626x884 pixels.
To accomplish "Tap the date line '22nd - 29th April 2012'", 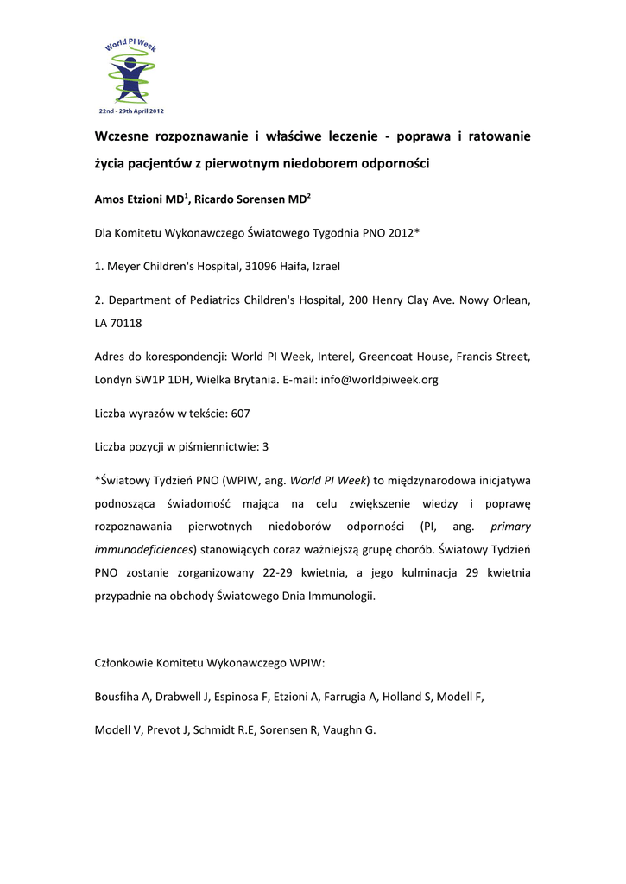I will pyautogui.click(x=130, y=111).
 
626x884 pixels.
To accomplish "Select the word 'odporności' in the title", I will pyautogui.click(x=394, y=162).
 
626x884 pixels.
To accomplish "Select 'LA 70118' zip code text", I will pyautogui.click(x=118, y=324).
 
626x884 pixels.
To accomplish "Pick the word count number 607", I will pyautogui.click(x=241, y=414).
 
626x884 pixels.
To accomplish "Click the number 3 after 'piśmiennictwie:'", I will pyautogui.click(x=266, y=446).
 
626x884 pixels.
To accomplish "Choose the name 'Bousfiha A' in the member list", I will pyautogui.click(x=122, y=696).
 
